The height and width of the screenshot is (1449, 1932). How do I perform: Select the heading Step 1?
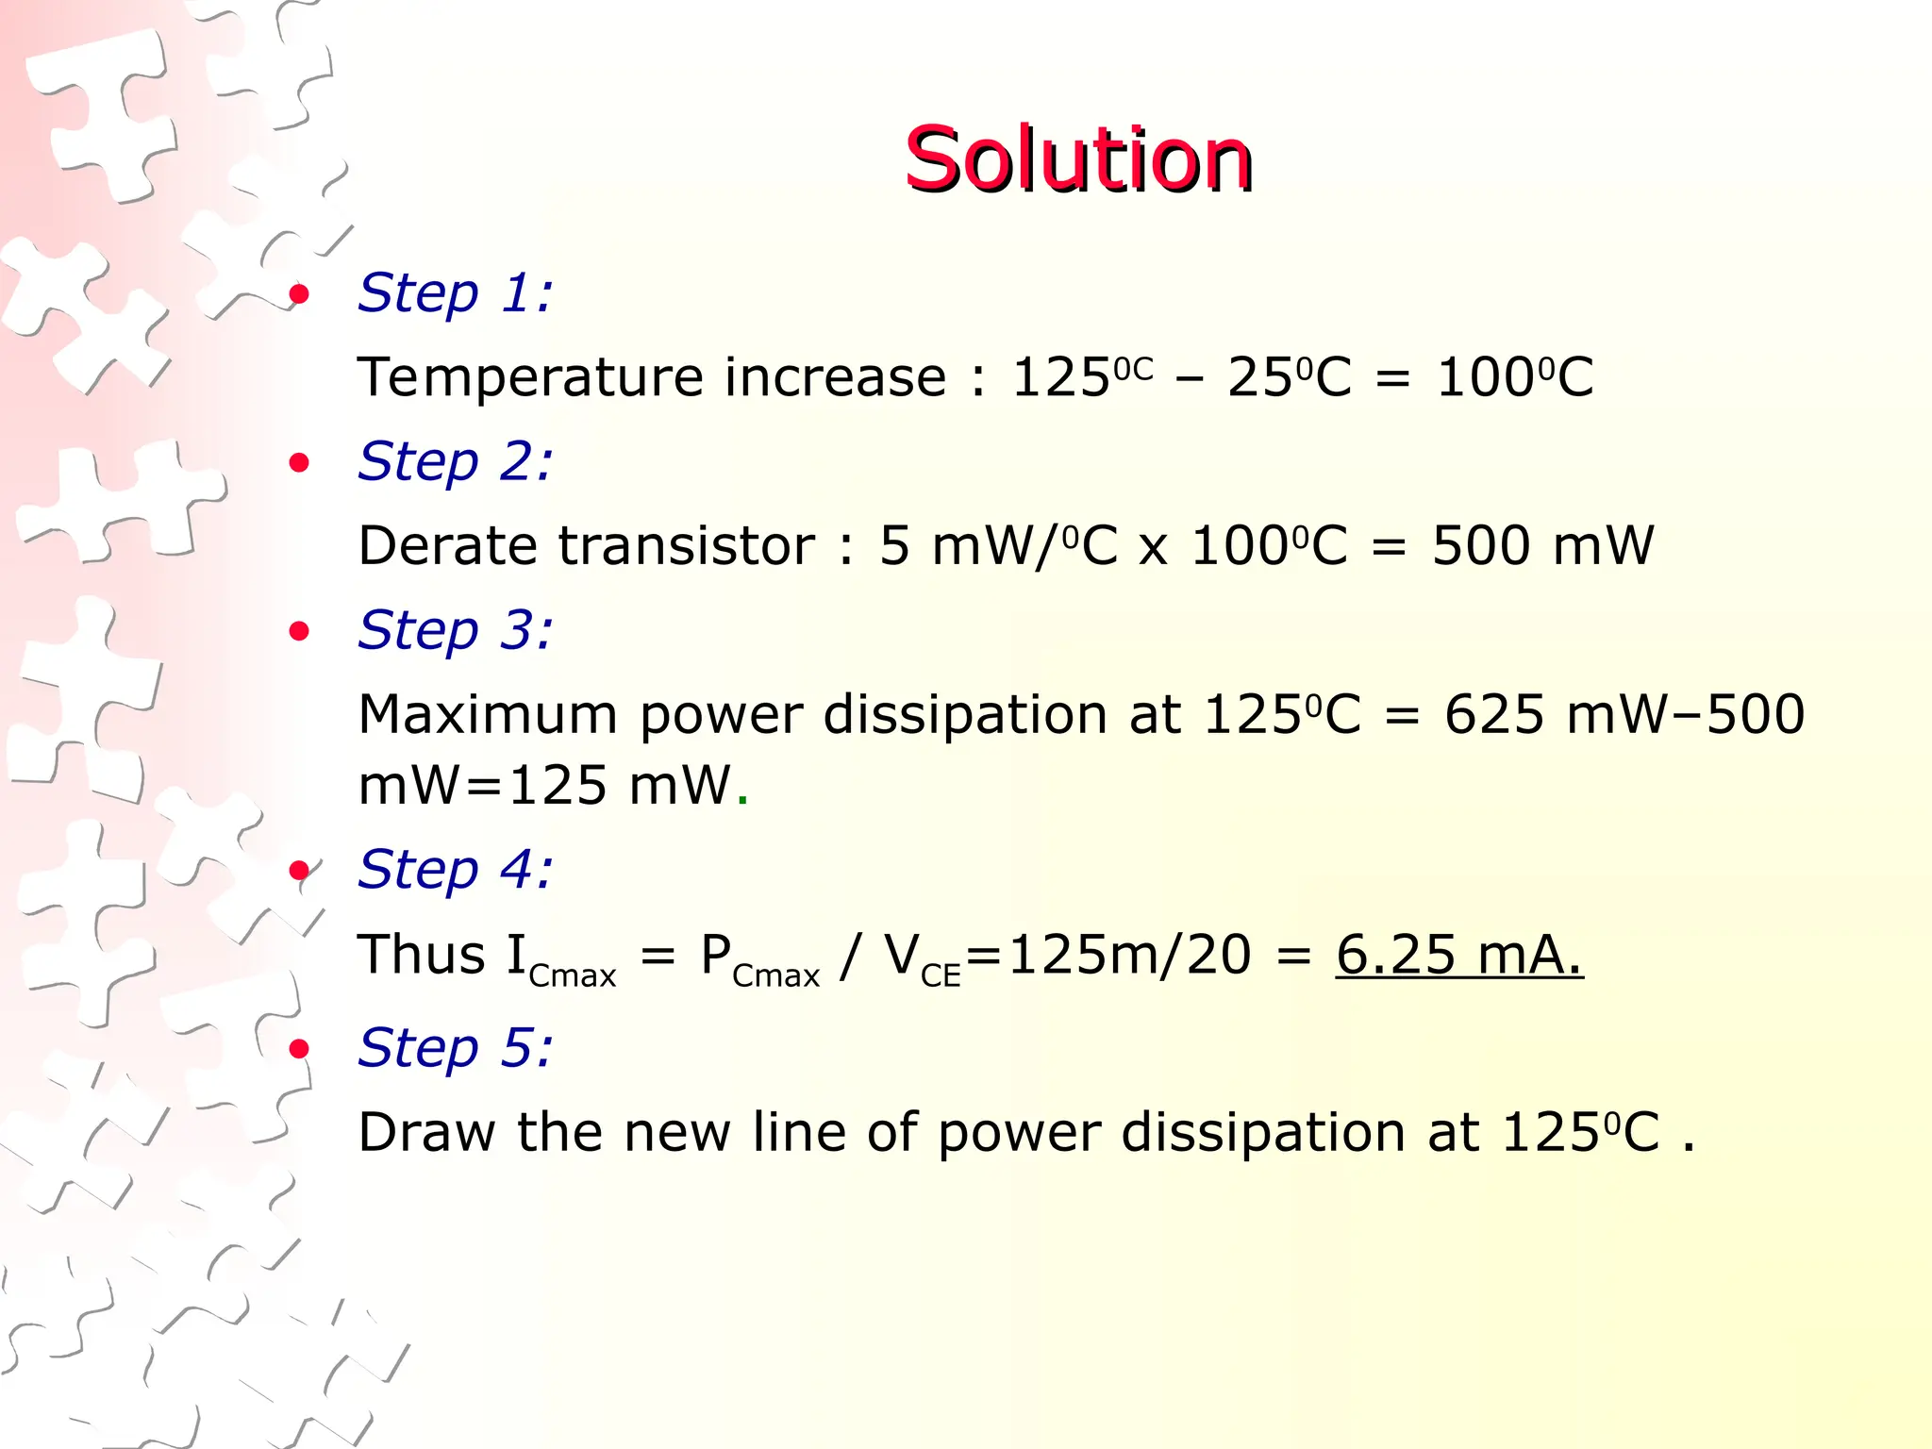[x=455, y=292]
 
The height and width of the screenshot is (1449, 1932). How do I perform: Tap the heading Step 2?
[x=455, y=461]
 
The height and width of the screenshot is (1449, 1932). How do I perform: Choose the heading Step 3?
[x=455, y=630]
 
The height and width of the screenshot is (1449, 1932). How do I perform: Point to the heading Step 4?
[x=455, y=869]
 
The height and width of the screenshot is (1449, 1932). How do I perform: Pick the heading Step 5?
[x=455, y=1047]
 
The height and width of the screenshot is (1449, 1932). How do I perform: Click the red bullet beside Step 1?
[x=299, y=294]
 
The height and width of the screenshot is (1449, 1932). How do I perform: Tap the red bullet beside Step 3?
[x=299, y=631]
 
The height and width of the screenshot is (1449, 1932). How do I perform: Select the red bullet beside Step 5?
[x=299, y=1048]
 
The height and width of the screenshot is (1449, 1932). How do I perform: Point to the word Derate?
[x=447, y=546]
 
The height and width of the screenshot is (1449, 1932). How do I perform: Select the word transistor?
[x=686, y=546]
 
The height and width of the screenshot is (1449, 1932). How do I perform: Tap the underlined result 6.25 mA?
[x=1458, y=955]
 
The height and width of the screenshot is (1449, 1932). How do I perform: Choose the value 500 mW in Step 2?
[x=1542, y=546]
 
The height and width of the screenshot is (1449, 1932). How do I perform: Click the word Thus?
[x=421, y=955]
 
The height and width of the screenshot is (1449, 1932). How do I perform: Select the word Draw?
[x=426, y=1132]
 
